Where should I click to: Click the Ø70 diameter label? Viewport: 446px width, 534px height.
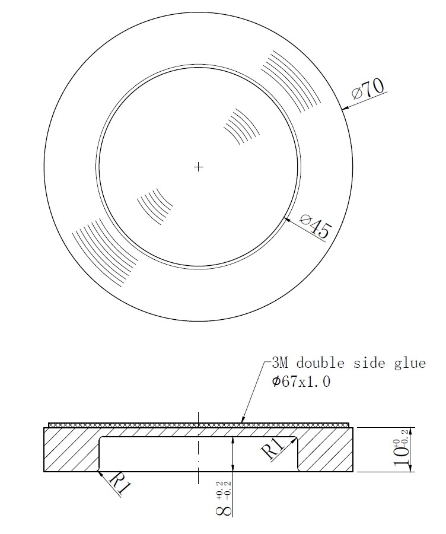click(368, 88)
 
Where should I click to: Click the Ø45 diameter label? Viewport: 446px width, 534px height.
click(315, 225)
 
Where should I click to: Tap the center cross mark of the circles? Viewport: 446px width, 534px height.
click(198, 167)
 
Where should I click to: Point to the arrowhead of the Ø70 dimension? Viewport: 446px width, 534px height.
click(345, 109)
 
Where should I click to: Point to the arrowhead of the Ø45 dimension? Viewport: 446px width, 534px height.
click(287, 220)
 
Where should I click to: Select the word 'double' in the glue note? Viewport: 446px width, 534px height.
click(320, 363)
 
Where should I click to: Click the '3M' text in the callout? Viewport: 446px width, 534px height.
click(280, 363)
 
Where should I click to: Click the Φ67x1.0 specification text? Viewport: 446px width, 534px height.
click(301, 382)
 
